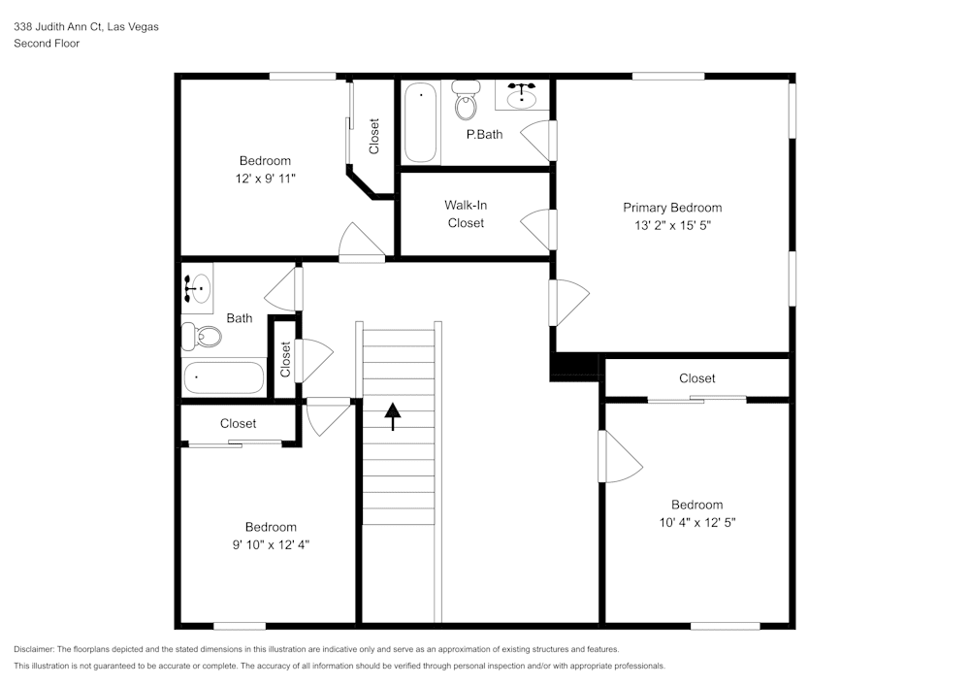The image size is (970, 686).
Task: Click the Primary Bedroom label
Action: coord(672,208)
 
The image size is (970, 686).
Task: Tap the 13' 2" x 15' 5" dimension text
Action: coord(672,226)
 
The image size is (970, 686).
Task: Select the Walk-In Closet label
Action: coord(466,214)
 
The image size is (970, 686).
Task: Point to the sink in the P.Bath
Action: coord(522,95)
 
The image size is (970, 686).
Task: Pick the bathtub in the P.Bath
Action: coord(421,122)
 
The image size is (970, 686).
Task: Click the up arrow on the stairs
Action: coord(392,416)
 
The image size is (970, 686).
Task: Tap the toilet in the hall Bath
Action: coord(202,337)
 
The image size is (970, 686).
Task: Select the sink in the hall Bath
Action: coord(198,289)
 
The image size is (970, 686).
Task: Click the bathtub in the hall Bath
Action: coord(223,377)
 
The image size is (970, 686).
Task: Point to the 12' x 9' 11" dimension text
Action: coord(266,179)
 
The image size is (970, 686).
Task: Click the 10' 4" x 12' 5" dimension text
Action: coord(696,523)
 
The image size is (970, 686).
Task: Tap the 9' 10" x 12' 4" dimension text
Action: coord(271,545)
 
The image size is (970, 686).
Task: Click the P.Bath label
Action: coord(484,134)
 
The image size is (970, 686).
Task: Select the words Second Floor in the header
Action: coord(47,44)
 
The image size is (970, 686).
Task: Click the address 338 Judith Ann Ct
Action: coord(58,26)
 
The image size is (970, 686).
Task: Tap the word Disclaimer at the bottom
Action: coord(33,649)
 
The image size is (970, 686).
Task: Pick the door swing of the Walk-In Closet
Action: coord(535,229)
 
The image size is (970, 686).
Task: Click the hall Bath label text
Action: coord(240,318)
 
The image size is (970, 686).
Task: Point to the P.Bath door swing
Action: coord(535,141)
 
